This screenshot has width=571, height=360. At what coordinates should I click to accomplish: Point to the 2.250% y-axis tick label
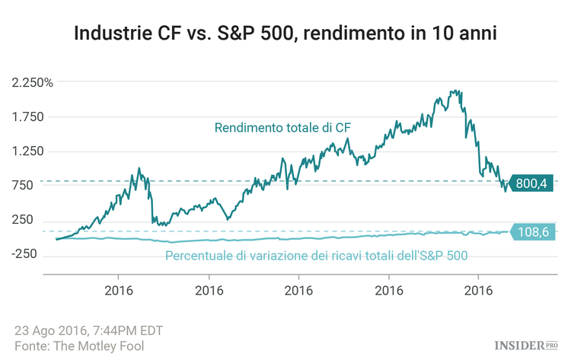[32, 83]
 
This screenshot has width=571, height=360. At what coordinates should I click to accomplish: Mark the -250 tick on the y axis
[29, 254]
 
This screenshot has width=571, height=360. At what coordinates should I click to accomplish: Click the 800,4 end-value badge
[532, 183]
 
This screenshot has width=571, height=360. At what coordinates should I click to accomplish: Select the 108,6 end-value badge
[532, 232]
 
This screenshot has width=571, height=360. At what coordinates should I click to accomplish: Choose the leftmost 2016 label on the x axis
[119, 290]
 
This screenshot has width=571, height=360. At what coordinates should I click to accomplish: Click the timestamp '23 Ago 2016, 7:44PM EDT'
[88, 330]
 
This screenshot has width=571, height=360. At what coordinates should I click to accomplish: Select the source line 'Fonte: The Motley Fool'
[79, 346]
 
